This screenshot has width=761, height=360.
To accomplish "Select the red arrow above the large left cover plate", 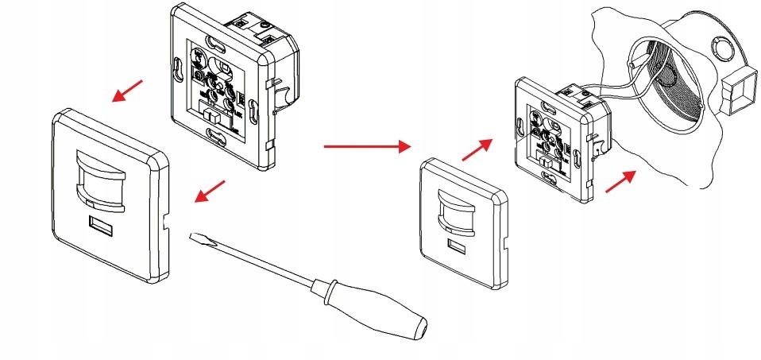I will [x=128, y=91].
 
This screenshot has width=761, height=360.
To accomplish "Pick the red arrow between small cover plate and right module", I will [x=477, y=147].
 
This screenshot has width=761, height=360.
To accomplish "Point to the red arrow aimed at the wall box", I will [x=621, y=180].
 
